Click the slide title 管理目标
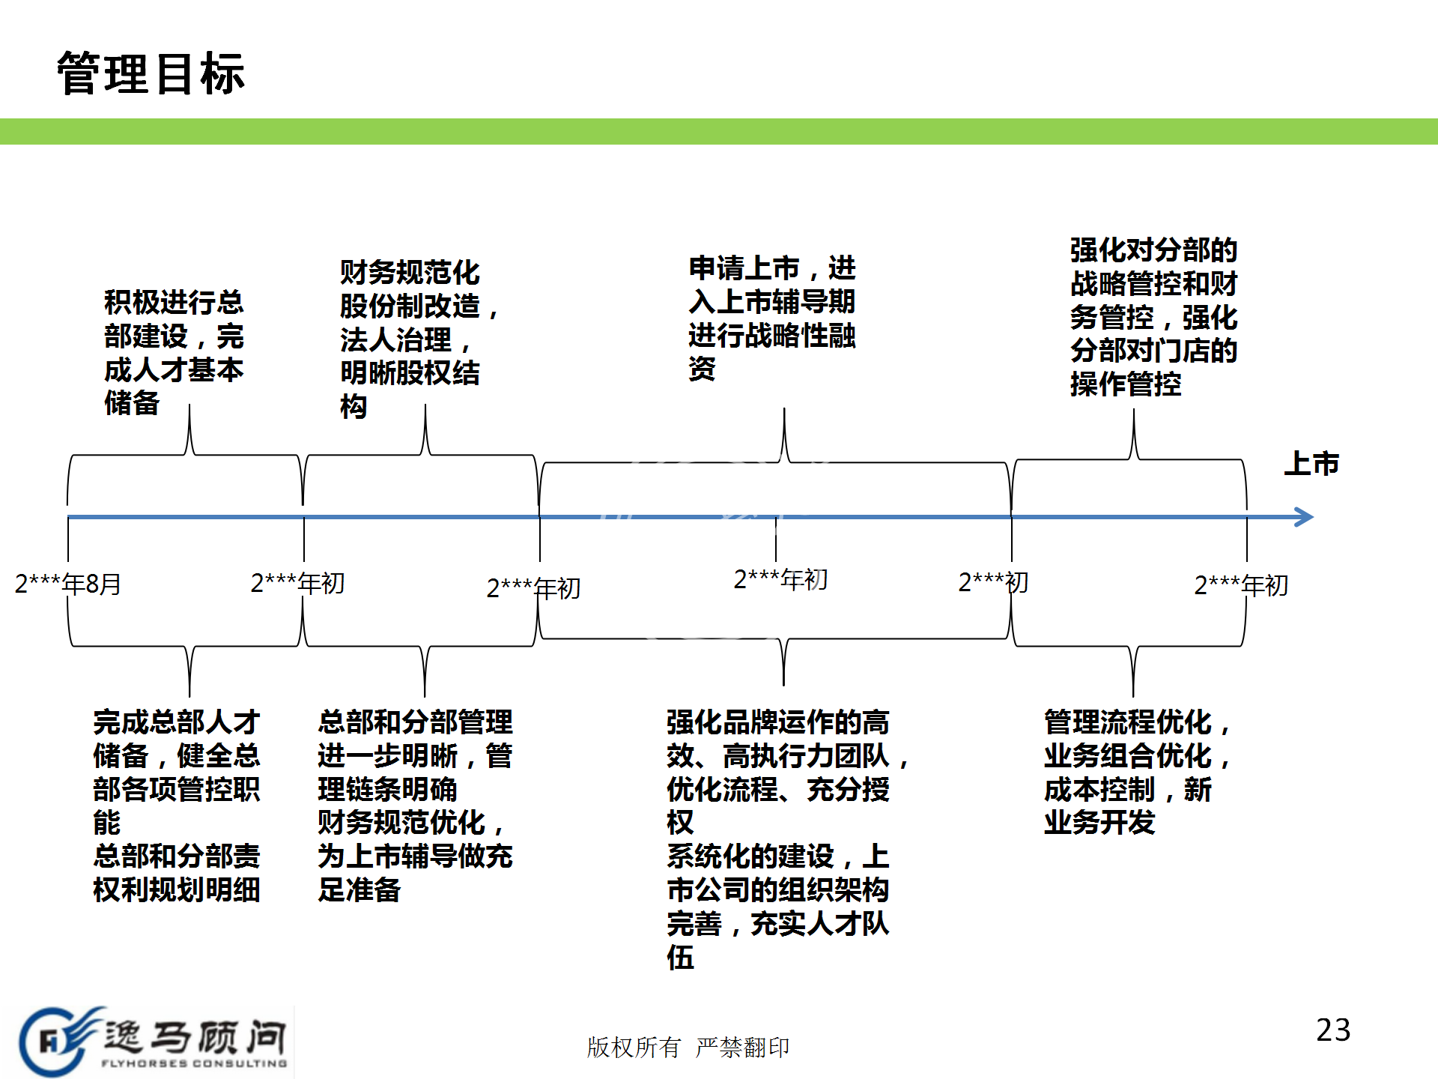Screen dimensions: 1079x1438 pyautogui.click(x=151, y=74)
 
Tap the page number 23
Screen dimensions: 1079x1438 pyautogui.click(x=1333, y=1030)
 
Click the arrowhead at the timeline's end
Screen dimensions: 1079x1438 pyautogui.click(x=1304, y=517)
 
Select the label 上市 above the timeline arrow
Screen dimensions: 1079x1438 pyautogui.click(x=1311, y=464)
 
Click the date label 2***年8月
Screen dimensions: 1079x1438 pyautogui.click(x=68, y=584)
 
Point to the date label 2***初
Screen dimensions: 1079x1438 pyautogui.click(x=993, y=582)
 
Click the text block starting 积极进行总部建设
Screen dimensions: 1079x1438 pyautogui.click(x=174, y=352)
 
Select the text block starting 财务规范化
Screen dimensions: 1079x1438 pyautogui.click(x=416, y=339)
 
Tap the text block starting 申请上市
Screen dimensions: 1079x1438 pyautogui.click(x=771, y=318)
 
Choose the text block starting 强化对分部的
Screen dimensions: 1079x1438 pyautogui.click(x=1153, y=317)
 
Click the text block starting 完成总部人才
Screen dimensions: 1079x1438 pyautogui.click(x=177, y=806)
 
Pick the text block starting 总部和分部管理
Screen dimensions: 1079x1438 pyautogui.click(x=415, y=806)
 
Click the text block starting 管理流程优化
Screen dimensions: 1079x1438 pyautogui.click(x=1135, y=772)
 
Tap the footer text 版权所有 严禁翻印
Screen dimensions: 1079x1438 pyautogui.click(x=688, y=1047)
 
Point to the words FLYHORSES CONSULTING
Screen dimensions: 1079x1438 pyautogui.click(x=194, y=1063)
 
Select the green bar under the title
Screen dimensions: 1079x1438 pyautogui.click(x=719, y=131)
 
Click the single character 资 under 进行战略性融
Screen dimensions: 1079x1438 pyautogui.click(x=703, y=369)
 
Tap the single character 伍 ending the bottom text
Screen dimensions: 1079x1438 pyautogui.click(x=681, y=958)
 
